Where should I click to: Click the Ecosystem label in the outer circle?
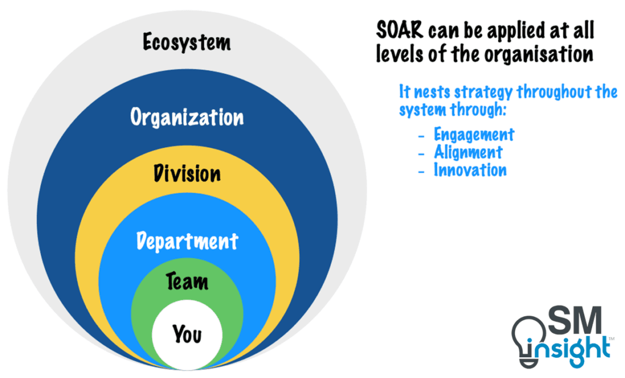[x=187, y=43]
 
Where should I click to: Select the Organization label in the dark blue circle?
[x=187, y=117]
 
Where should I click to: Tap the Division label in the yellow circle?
[x=187, y=173]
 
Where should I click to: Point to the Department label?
[x=187, y=241]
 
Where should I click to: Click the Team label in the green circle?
[x=187, y=282]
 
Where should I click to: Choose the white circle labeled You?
[x=187, y=335]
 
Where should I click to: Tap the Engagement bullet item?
[x=474, y=134]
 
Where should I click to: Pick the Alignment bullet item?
[x=468, y=152]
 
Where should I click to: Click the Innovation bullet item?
[x=470, y=170]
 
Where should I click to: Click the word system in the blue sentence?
[x=421, y=111]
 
